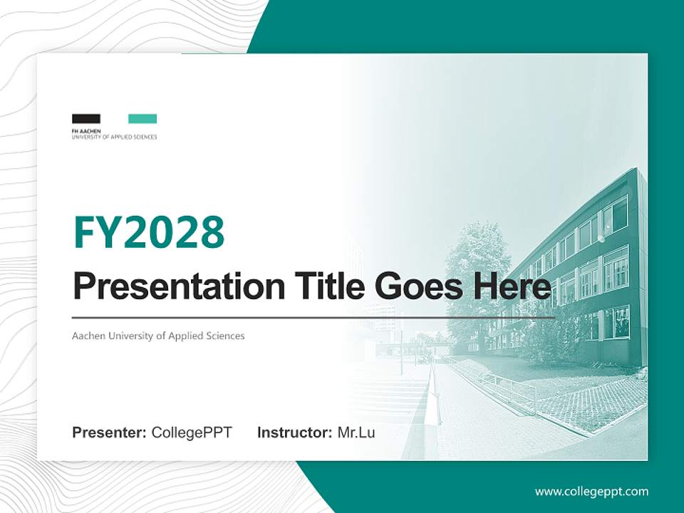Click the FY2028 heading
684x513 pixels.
(x=149, y=232)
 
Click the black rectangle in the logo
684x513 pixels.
(x=86, y=119)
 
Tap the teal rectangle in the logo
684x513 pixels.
(x=142, y=119)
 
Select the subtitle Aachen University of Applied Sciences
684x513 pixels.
(x=158, y=336)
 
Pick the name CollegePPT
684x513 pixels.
(x=192, y=432)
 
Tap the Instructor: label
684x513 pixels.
(x=294, y=432)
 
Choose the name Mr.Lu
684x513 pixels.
(x=356, y=432)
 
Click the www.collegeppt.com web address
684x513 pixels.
(x=591, y=491)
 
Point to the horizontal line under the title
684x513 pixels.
(x=313, y=317)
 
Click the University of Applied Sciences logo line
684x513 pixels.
(x=114, y=136)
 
